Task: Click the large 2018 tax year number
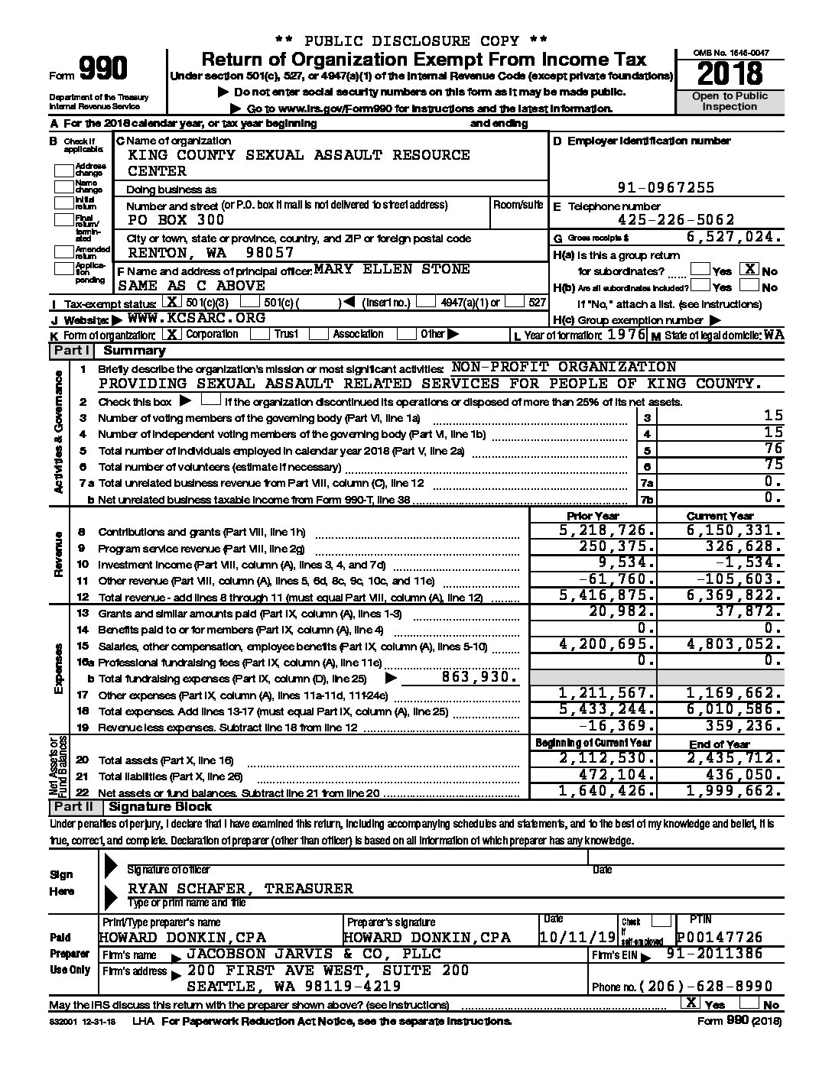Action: click(730, 74)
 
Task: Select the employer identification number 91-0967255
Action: click(666, 187)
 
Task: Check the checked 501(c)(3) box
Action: click(174, 302)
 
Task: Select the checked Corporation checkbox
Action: click(174, 334)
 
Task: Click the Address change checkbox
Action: click(64, 170)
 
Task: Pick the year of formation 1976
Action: click(626, 335)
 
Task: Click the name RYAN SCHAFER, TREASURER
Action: click(240, 888)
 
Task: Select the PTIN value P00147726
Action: click(720, 937)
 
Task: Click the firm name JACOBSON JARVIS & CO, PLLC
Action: click(314, 954)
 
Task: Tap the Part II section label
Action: click(72, 807)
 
